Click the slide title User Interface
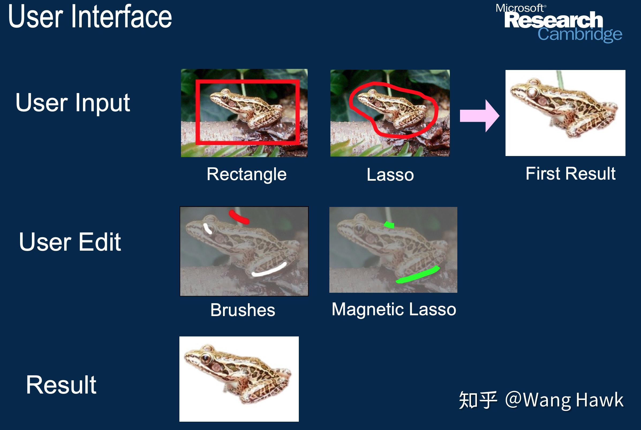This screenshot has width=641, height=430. pos(90,17)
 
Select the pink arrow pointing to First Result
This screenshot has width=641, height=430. pos(480,116)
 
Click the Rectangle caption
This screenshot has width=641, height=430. pos(246,175)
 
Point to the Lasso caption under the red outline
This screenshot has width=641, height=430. pos(390,175)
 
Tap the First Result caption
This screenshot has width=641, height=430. pos(570,174)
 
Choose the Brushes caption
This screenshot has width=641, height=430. pos(243,310)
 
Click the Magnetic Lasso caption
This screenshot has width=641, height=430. pos(394,309)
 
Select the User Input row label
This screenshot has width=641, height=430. pos(73,103)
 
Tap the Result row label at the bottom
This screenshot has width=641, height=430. pos(61,385)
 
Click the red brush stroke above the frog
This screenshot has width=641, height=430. pos(239,217)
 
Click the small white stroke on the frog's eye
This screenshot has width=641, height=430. pos(208,229)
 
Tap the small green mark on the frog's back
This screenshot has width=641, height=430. pos(389,225)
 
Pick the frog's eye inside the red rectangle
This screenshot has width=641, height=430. pos(224,97)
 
